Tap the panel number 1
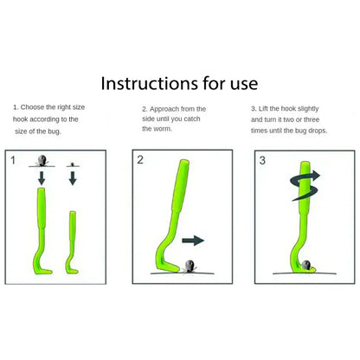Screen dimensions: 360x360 12,160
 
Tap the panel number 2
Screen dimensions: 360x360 140,160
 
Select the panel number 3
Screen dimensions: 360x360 262,160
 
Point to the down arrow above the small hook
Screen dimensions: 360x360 74,179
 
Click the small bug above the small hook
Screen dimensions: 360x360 74,164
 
